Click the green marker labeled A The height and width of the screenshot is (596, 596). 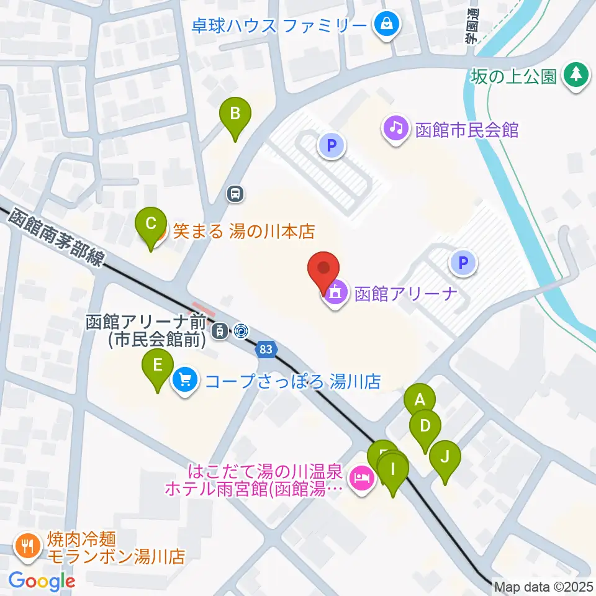point(420,399)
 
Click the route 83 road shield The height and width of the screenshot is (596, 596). point(266,350)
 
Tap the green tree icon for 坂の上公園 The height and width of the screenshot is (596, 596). point(575,76)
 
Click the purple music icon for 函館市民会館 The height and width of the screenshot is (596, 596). point(395,130)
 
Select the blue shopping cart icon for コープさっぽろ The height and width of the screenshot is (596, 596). point(185,379)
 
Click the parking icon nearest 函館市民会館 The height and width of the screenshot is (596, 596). point(331,146)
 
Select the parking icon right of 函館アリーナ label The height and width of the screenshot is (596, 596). point(463,263)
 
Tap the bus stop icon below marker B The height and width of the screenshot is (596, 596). point(235,194)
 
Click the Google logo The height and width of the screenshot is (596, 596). point(42,581)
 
